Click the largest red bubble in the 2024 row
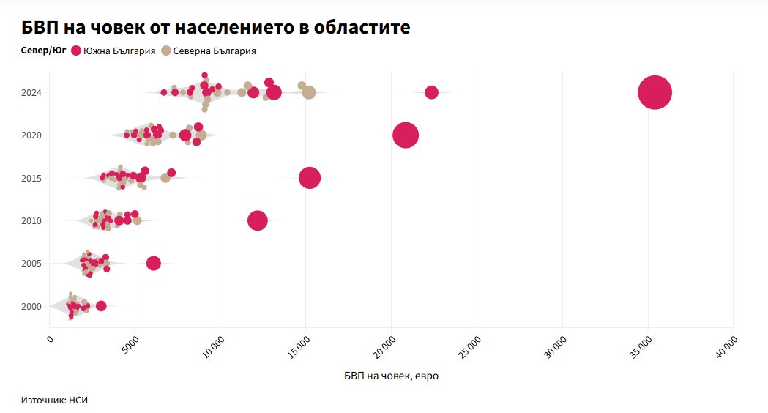pos(655,92)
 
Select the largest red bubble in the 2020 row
pos(406,135)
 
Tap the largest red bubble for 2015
pos(310,178)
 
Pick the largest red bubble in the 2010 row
pos(258,220)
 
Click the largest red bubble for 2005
pos(153,263)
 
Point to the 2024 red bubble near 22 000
pos(431,92)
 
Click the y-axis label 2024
pos(31,93)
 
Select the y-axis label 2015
pos(31,178)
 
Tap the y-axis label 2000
pos(31,306)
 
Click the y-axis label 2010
pos(31,220)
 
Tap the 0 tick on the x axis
pos(51,339)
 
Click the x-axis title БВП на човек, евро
pos(391,376)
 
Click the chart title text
pos(216,27)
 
